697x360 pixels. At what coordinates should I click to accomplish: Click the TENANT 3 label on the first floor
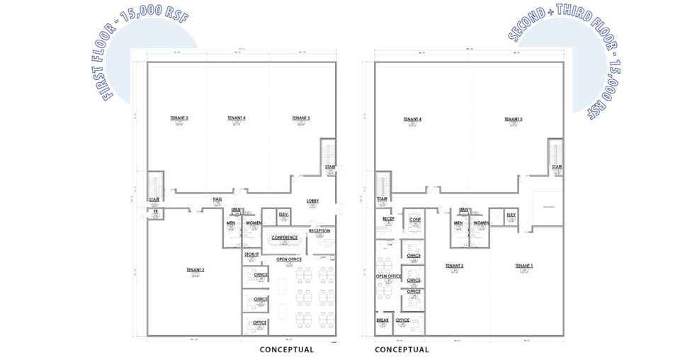click(178, 118)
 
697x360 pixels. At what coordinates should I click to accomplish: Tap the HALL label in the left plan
click(217, 199)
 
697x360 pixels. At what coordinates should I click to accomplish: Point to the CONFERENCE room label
click(285, 237)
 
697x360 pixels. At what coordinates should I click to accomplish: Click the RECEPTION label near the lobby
click(319, 230)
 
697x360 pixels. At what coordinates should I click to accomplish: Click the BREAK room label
click(383, 320)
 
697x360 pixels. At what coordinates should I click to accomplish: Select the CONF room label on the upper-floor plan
click(415, 220)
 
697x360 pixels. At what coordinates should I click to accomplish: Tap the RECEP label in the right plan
click(388, 219)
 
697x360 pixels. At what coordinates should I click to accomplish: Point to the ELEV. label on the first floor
click(283, 213)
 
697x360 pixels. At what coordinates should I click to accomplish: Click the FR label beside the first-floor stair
click(153, 211)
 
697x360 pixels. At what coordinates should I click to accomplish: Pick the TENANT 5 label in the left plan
click(300, 118)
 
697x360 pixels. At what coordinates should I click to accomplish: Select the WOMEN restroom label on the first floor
click(254, 223)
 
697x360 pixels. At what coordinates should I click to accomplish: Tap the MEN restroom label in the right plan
click(458, 223)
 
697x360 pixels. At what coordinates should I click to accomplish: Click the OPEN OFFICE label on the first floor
click(289, 259)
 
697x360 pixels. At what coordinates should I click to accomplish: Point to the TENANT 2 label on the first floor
click(195, 270)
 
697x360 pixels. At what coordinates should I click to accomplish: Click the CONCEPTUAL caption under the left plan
click(286, 349)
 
